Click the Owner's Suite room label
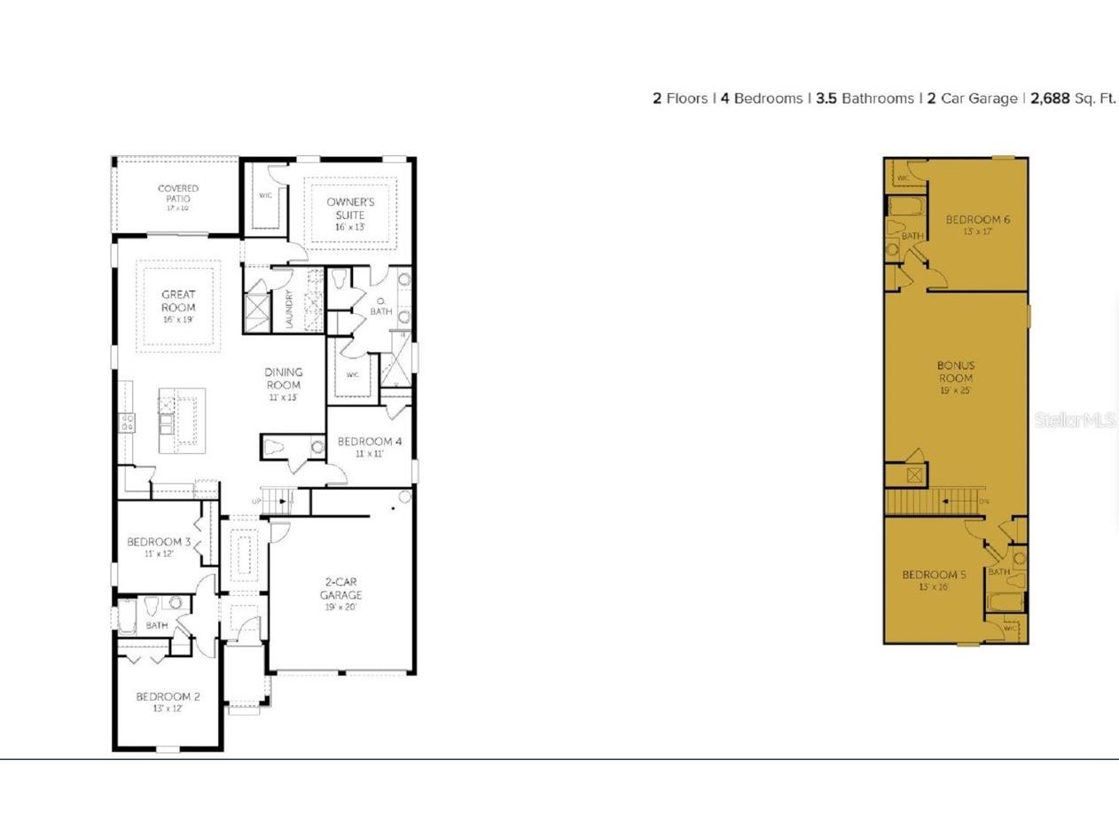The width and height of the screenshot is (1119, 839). point(350,208)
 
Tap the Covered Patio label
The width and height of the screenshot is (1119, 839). point(178,193)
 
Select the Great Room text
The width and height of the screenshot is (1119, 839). point(178,301)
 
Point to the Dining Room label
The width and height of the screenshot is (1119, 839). point(284,379)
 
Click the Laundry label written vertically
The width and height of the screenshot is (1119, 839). point(289,310)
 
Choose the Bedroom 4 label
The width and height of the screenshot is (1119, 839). point(370,442)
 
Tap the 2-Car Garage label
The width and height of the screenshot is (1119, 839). point(341,589)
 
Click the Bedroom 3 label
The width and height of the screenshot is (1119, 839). point(159,542)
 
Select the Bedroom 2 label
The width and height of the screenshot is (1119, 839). point(168,697)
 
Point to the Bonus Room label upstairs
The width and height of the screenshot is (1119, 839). point(956,372)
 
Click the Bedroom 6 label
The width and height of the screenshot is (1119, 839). point(978,220)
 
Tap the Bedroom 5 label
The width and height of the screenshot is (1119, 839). point(935,575)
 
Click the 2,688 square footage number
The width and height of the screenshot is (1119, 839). point(1050,98)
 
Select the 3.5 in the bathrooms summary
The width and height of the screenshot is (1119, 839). point(826,98)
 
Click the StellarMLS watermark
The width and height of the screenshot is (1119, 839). point(1075,419)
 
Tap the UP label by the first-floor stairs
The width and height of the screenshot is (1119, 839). point(256,502)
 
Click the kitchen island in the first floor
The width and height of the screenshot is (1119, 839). point(183,420)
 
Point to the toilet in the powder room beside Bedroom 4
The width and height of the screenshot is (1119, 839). point(275,447)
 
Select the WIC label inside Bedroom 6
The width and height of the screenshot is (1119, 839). point(904,178)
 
